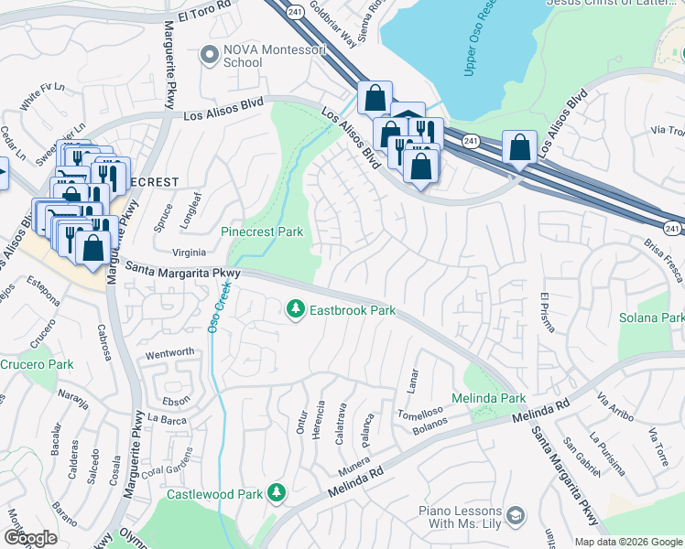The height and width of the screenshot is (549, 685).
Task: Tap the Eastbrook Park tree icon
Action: tap(295, 311)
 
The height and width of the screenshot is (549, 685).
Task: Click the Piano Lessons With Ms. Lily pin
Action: tap(516, 517)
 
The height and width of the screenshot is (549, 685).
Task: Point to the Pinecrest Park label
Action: tap(262, 232)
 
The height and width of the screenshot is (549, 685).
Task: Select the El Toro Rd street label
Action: tap(208, 15)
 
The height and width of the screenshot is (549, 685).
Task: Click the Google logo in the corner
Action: tap(30, 537)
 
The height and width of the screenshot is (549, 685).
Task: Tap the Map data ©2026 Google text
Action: tap(628, 542)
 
